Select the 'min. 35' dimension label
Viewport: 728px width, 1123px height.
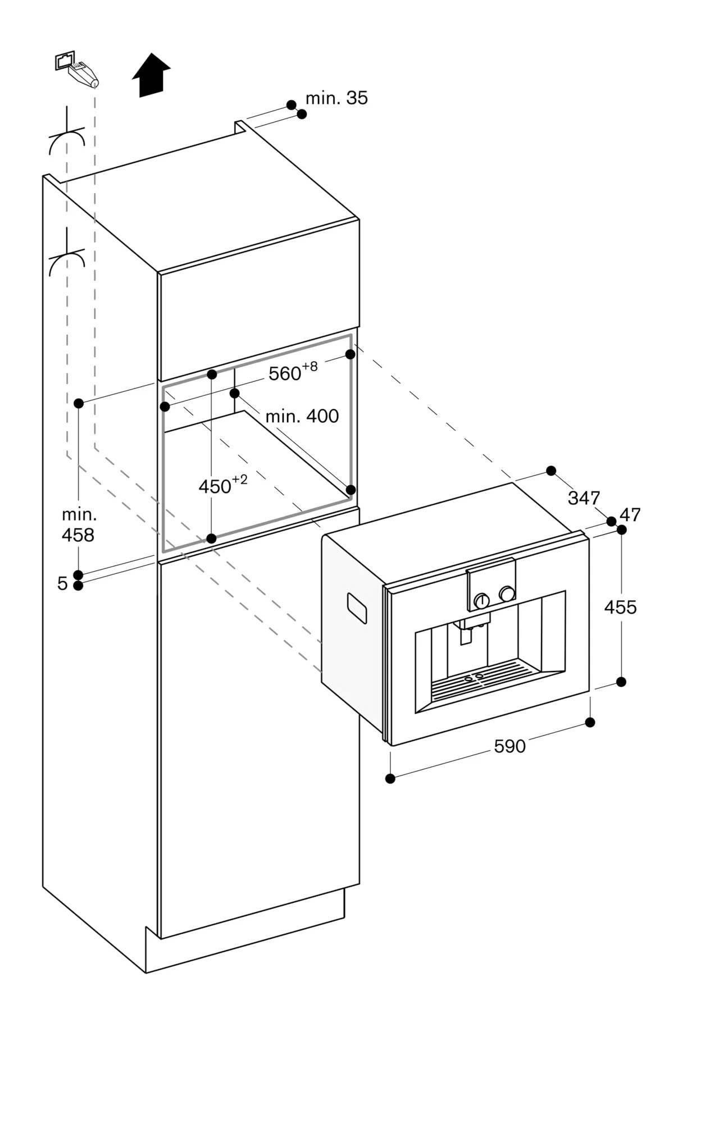tap(336, 98)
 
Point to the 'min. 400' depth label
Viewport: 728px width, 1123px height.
tap(302, 416)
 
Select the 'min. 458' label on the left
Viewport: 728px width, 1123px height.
tap(79, 524)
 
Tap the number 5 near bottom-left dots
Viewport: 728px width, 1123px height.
tap(62, 584)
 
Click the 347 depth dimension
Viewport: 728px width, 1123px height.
tap(584, 497)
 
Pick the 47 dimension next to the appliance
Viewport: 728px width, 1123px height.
tap(630, 515)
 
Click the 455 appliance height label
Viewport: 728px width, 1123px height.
tap(620, 607)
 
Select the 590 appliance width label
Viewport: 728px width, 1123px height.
tap(509, 746)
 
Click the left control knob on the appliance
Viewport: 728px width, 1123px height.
tap(481, 601)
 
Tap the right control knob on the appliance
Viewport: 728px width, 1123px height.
tap(507, 594)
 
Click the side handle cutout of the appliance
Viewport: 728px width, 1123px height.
tap(357, 608)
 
